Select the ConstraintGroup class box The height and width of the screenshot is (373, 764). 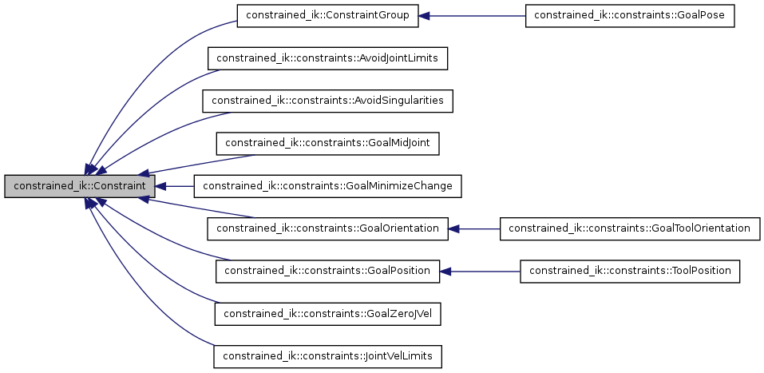pyautogui.click(x=328, y=16)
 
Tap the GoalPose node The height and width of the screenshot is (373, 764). pyautogui.click(x=629, y=16)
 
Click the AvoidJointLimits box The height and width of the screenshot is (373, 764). pyautogui.click(x=328, y=58)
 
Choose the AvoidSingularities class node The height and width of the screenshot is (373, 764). pyautogui.click(x=328, y=101)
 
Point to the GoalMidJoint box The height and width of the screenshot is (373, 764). pyautogui.click(x=328, y=143)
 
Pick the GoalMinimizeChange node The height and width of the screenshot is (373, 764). pyautogui.click(x=328, y=186)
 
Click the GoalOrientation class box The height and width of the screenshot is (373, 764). pyautogui.click(x=328, y=228)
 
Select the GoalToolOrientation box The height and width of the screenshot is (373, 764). pyautogui.click(x=629, y=228)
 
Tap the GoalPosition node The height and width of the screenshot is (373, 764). pyautogui.click(x=328, y=271)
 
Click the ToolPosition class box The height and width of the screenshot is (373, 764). pyautogui.click(x=629, y=271)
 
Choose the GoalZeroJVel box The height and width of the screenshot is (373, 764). pyautogui.click(x=328, y=313)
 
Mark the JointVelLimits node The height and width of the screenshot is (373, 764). pyautogui.click(x=328, y=355)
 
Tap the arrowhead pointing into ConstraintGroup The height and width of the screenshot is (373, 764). pyautogui.click(x=426, y=16)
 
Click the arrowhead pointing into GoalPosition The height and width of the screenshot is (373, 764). pyautogui.click(x=446, y=271)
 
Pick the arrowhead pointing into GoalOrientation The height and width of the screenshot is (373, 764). pyautogui.click(x=453, y=228)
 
